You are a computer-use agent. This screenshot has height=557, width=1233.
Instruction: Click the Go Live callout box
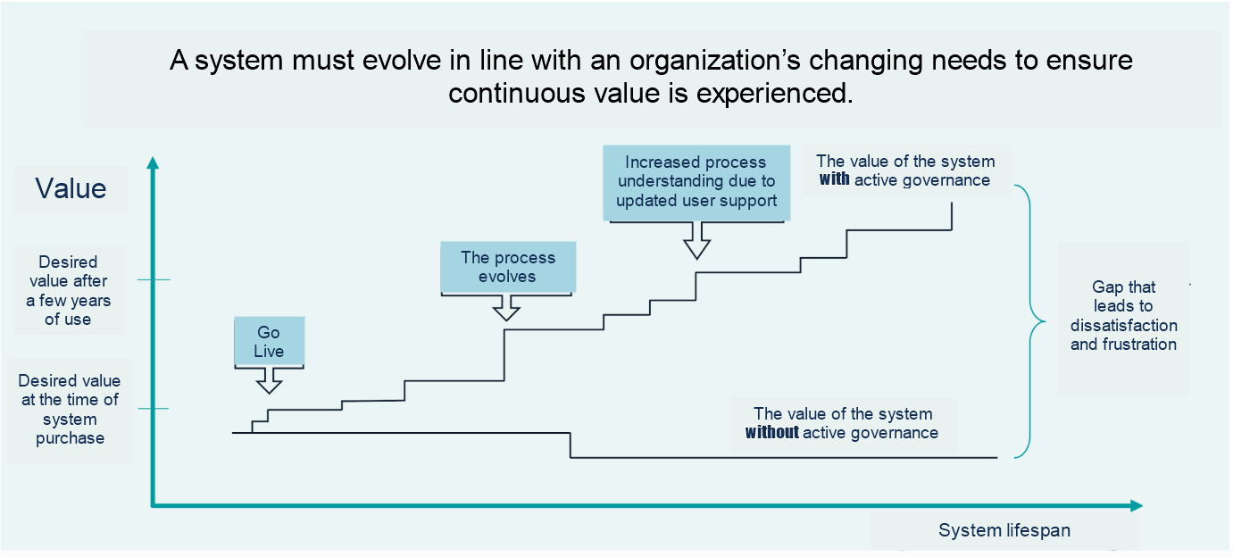(269, 341)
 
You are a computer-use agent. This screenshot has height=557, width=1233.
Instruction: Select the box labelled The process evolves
(508, 267)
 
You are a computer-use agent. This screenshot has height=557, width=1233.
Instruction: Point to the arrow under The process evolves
(506, 308)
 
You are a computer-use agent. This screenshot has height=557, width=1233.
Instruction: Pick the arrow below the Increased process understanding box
(697, 240)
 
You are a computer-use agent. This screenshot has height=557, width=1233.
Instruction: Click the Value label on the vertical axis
(71, 188)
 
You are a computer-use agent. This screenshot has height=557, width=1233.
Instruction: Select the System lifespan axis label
(1004, 530)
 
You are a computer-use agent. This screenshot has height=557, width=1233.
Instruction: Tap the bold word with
(834, 179)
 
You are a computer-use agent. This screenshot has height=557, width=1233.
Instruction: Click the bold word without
(771, 433)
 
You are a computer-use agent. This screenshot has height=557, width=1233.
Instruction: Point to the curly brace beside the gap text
(1030, 321)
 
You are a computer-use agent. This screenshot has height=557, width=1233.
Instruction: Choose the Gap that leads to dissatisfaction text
(1123, 315)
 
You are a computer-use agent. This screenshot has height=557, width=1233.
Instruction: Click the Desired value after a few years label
(68, 291)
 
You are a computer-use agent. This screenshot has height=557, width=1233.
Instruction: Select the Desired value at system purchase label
(70, 409)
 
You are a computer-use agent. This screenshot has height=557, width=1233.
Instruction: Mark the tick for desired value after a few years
(154, 279)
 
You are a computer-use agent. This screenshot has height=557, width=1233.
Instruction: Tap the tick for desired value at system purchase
(153, 409)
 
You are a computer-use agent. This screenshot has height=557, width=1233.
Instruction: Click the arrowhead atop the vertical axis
(153, 162)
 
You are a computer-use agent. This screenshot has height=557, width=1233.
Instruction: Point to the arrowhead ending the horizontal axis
(1137, 506)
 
